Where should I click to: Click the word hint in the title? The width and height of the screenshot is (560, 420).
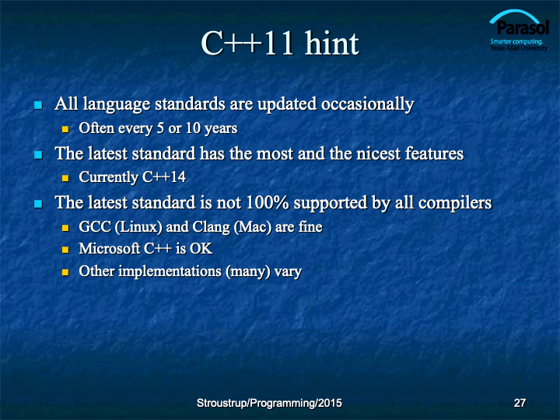coord(331,44)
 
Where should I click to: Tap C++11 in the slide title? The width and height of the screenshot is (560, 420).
coord(248,44)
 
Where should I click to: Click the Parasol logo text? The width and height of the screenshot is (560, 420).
coord(523,27)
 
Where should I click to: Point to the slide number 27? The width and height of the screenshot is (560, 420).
coord(520,403)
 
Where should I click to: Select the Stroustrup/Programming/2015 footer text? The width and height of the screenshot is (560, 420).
coord(269,403)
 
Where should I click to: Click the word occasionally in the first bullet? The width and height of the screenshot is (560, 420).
coord(367,105)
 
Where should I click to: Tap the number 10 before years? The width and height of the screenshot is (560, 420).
coord(193,128)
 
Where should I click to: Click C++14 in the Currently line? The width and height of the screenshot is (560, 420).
coord(164,177)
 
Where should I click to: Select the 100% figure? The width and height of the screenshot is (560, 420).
coord(267,202)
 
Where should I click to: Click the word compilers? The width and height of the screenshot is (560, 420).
coord(455,204)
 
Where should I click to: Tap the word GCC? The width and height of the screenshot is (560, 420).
coord(95,227)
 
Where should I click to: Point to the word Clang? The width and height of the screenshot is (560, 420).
coord(211,227)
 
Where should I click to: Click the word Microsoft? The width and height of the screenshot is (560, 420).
coord(110,249)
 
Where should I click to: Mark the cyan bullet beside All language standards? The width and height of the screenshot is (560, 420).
coord(38,105)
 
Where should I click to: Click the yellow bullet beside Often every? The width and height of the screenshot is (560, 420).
coord(65,129)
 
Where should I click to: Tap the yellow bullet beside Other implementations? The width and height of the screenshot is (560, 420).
coord(65,272)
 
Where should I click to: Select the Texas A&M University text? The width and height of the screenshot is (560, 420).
coord(519,48)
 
